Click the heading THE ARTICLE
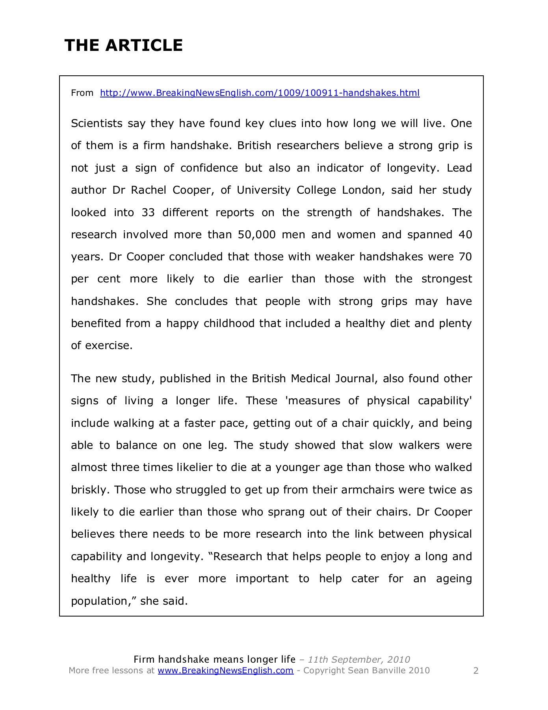[124, 45]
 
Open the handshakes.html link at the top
[260, 93]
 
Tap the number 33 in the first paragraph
[148, 213]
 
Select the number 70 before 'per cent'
[465, 257]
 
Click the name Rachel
[149, 191]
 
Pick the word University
[264, 191]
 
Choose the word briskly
[90, 490]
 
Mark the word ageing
[454, 579]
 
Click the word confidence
[209, 168]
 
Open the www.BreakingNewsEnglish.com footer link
[226, 671]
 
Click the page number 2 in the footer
[476, 671]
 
